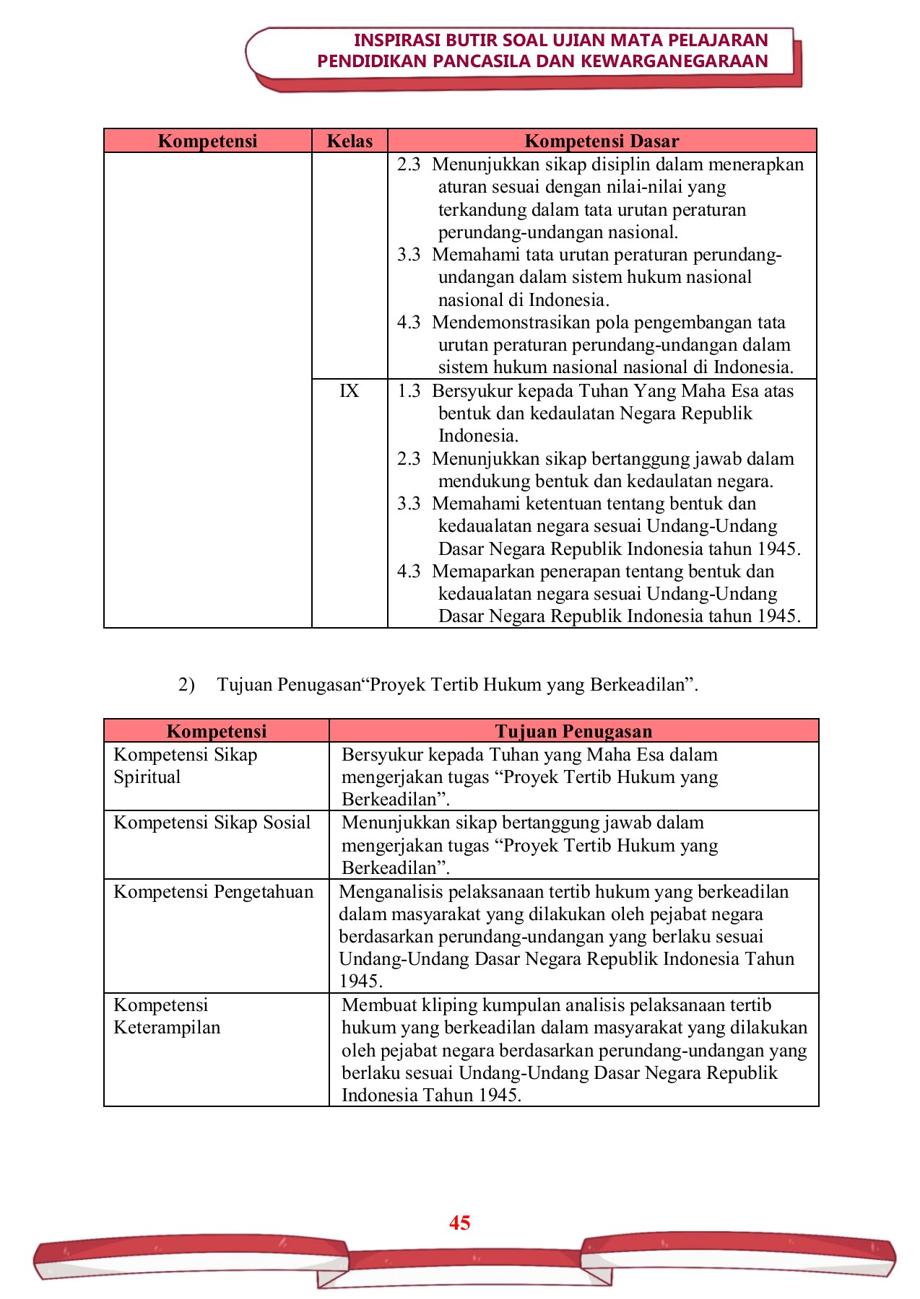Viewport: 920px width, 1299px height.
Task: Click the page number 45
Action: [459, 1223]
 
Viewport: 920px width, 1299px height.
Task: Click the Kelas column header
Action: [350, 141]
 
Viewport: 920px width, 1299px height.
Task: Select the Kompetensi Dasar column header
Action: [602, 141]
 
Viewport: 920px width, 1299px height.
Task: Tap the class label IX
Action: [350, 391]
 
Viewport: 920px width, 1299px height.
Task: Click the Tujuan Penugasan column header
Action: [573, 731]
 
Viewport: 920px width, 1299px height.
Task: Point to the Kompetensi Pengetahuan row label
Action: [214, 892]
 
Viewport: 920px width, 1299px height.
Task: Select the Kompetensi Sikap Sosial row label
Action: [212, 823]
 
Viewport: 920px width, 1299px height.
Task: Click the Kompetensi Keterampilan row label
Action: [167, 1016]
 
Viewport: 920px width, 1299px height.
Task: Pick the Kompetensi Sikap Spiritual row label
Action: [185, 766]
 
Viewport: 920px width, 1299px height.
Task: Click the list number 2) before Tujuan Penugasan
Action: [186, 684]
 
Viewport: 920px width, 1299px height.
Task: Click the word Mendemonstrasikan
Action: [513, 323]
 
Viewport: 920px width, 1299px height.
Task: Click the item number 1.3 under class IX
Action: [409, 391]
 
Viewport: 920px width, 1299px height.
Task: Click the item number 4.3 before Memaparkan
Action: [409, 572]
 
